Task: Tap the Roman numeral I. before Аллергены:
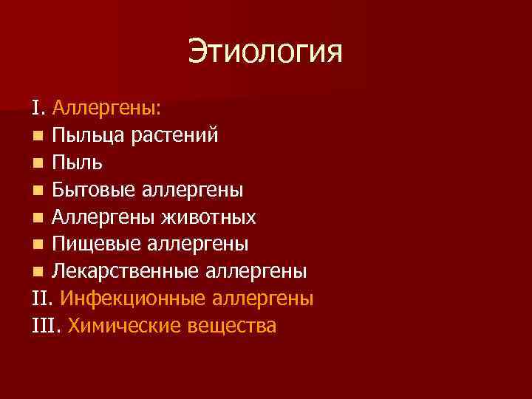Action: (x=38, y=110)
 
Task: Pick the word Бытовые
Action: (x=94, y=191)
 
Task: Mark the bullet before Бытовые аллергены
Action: (x=38, y=191)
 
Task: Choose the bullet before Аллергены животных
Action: (x=38, y=217)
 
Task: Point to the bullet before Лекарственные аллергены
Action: (x=38, y=270)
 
